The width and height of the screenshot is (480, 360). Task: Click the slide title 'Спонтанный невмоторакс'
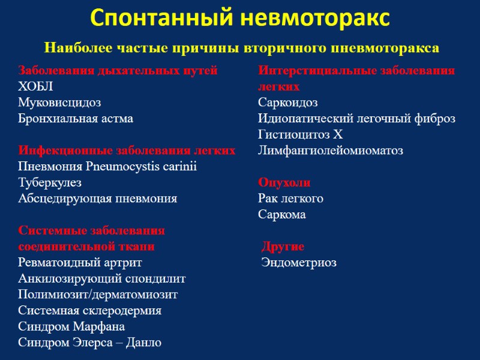point(240,18)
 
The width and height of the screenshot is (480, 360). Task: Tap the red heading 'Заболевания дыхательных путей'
point(118,70)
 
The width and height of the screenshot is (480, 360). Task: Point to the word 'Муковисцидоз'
point(59,103)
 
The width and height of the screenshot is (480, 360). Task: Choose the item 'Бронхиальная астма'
point(76,118)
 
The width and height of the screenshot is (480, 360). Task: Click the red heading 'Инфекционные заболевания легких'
point(127,150)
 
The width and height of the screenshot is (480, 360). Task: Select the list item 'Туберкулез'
point(50,182)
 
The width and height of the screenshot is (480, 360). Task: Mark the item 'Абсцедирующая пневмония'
point(97,198)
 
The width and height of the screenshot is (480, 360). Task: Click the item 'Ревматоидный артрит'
point(80,262)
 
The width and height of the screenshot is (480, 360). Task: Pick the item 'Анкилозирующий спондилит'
point(102,278)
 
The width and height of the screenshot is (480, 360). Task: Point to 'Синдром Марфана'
point(71,326)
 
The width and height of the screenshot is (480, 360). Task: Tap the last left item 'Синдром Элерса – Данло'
point(89,343)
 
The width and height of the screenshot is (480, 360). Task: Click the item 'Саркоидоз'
point(288,103)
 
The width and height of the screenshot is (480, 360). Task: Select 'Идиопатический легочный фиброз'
point(356,118)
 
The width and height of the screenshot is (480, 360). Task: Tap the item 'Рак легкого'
point(291,198)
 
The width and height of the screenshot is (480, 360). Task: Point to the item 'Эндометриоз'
point(299,262)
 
